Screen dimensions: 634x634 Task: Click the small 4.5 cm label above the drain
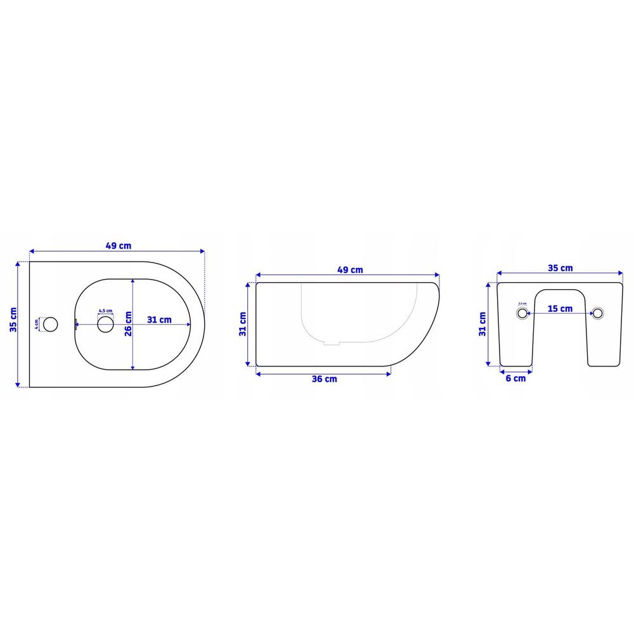click(105, 311)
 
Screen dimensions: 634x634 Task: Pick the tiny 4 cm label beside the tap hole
click(37, 323)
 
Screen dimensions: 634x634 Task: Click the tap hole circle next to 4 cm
click(51, 324)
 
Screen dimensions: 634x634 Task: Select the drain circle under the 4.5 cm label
click(106, 325)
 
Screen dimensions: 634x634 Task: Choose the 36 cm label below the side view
click(323, 378)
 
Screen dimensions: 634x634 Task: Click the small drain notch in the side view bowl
click(332, 345)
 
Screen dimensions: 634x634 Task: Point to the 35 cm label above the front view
click(560, 269)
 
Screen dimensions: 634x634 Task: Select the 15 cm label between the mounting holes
click(560, 309)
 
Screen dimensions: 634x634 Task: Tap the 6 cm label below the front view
click(515, 378)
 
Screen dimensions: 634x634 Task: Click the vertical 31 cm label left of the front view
click(483, 323)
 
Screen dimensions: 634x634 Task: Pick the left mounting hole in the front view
click(522, 313)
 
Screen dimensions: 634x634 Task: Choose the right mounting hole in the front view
click(598, 313)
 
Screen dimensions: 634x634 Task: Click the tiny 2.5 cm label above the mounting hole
click(522, 303)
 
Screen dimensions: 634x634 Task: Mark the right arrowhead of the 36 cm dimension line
click(389, 373)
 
